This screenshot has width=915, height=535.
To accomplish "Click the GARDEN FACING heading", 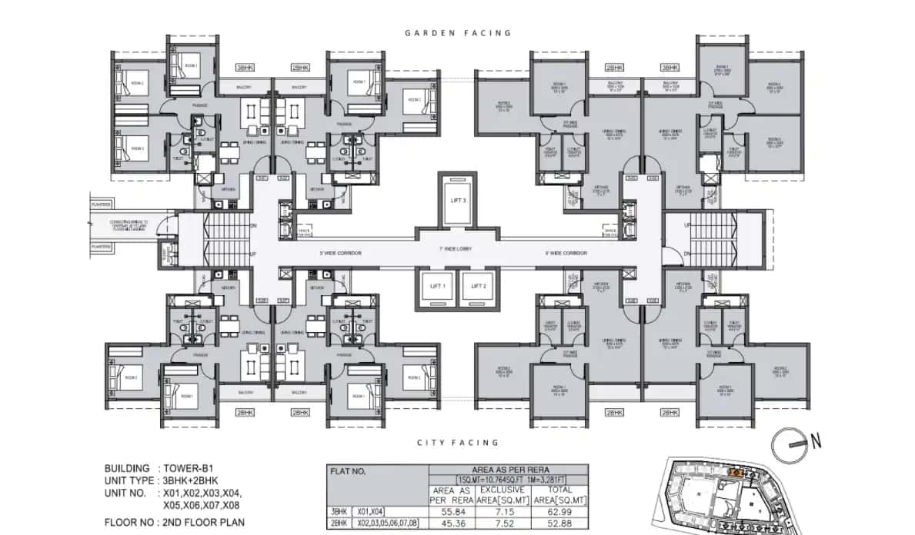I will point(458,33).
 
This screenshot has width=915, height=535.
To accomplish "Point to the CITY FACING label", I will point(458,443).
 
